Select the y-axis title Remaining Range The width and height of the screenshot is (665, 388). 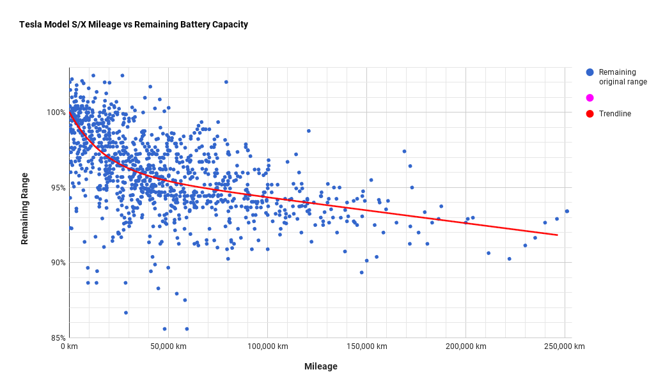tap(25, 208)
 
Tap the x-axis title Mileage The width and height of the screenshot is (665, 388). tap(320, 366)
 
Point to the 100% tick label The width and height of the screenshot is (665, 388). tap(56, 113)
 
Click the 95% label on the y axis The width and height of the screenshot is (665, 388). tap(58, 187)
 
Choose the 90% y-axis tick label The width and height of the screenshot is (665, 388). tap(58, 263)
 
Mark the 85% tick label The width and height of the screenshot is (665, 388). tap(58, 338)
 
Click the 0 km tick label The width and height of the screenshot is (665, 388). tap(69, 346)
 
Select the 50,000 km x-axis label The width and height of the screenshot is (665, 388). tap(168, 346)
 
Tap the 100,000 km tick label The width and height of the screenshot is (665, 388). tap(267, 346)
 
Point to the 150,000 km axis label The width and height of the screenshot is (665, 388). tap(366, 346)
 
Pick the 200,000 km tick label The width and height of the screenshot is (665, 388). tap(465, 346)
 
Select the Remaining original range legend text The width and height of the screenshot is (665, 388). tap(623, 77)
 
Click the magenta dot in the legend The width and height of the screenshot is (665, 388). tap(590, 98)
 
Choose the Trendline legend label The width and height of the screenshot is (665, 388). tap(614, 114)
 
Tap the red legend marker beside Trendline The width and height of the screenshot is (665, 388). tap(590, 114)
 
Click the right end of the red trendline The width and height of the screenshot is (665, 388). tap(557, 235)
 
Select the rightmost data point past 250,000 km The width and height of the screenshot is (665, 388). tap(567, 211)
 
